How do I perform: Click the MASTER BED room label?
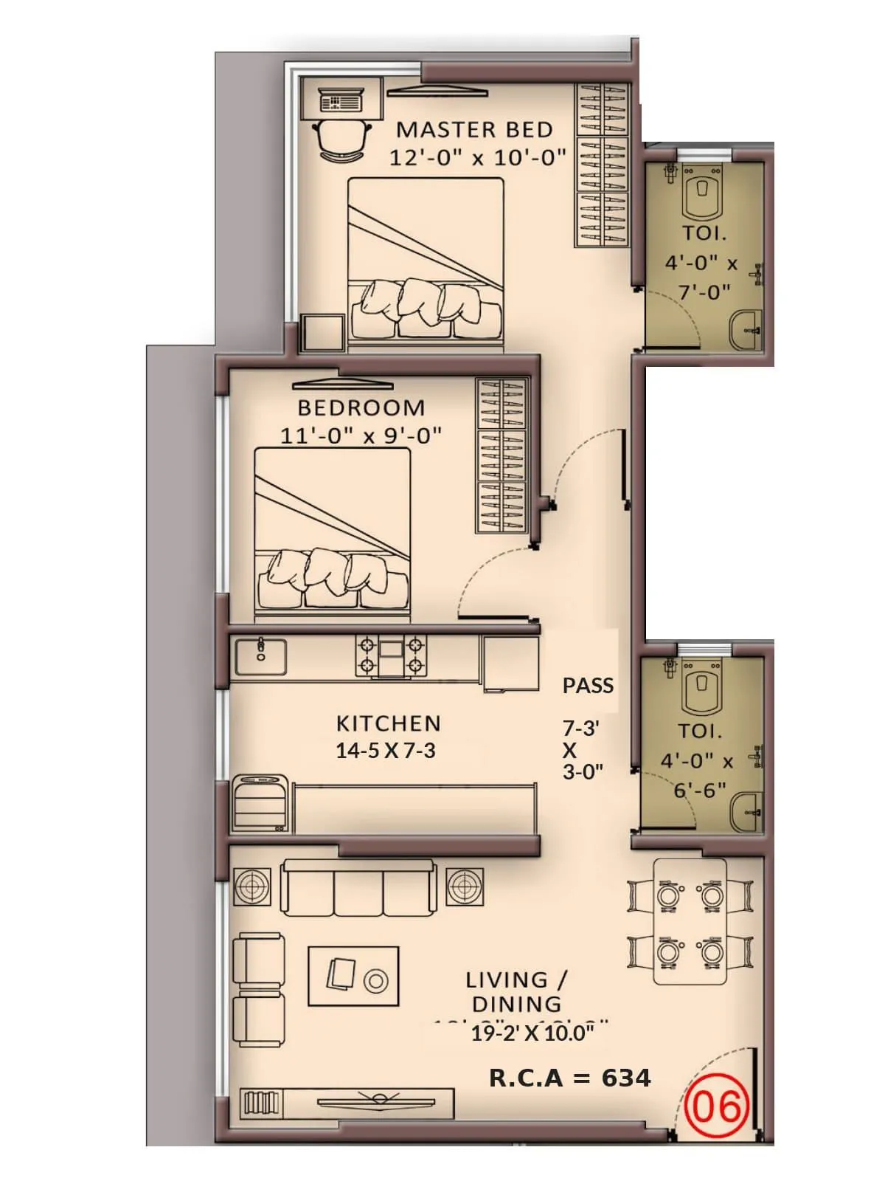tap(474, 130)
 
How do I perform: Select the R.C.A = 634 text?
tap(569, 1078)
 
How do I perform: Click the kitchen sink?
tap(260, 657)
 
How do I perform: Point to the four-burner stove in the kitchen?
tap(391, 655)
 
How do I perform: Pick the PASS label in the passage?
tap(588, 686)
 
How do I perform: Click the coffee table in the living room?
tap(354, 976)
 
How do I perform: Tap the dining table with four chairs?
tap(690, 923)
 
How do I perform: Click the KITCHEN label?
tap(388, 723)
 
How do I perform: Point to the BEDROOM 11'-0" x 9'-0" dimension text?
tap(361, 435)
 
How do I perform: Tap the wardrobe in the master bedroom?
tap(601, 167)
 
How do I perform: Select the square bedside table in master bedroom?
tap(322, 333)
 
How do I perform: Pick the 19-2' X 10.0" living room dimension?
tap(532, 1033)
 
